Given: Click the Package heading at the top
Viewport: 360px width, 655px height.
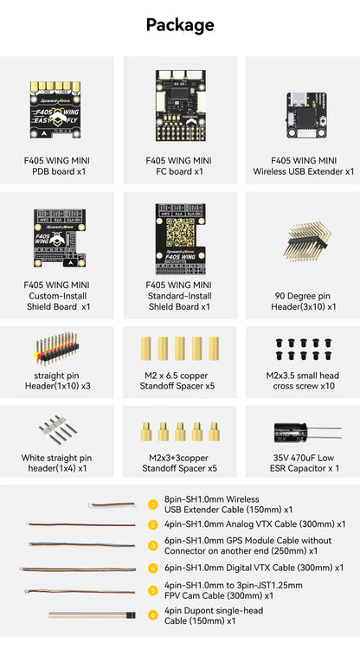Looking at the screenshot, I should coord(180,26).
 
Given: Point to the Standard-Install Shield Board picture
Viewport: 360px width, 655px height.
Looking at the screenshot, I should coord(179,240).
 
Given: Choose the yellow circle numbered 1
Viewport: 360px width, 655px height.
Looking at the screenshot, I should coord(152,504).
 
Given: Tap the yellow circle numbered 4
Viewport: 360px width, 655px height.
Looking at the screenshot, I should coord(152,568).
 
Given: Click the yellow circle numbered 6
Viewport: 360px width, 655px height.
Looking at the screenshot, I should coord(152,614).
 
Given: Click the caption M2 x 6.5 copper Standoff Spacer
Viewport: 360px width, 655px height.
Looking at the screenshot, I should coord(179,380).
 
